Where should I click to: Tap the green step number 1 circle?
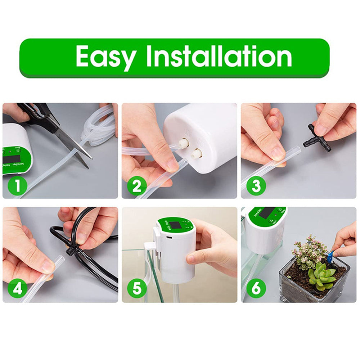[17, 186]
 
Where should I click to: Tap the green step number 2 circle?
[136, 186]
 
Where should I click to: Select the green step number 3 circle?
[256, 186]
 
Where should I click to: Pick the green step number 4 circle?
[17, 289]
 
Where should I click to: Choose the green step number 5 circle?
[136, 289]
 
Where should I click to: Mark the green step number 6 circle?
[256, 289]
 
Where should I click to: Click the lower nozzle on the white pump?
[197, 154]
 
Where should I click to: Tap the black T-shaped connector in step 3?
[316, 138]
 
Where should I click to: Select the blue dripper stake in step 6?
[330, 257]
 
